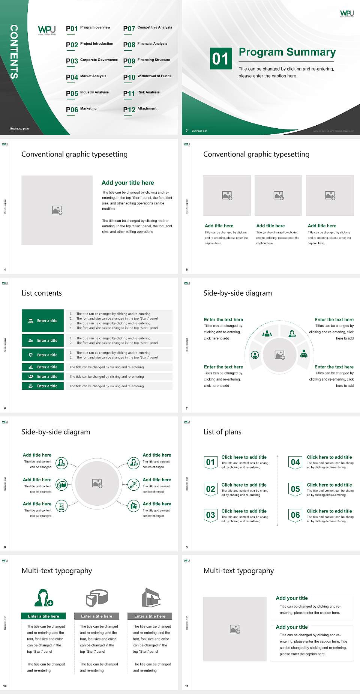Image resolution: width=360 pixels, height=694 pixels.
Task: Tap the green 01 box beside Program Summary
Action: (x=220, y=59)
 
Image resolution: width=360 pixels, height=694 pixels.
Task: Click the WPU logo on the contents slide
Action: (x=47, y=30)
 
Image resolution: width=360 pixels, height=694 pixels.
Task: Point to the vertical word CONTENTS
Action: (x=14, y=52)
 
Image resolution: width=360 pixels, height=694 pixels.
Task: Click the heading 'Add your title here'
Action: (x=127, y=183)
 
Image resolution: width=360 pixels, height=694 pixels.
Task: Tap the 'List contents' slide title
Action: (x=42, y=293)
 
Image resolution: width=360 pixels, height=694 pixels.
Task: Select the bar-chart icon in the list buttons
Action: (x=31, y=367)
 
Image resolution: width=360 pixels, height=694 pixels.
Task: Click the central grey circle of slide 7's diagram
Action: (x=279, y=355)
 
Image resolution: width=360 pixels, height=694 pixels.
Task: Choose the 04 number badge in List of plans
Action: (x=295, y=463)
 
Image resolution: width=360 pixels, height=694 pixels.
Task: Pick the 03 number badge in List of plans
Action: (x=210, y=515)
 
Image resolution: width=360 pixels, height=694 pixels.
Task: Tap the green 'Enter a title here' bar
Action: (x=43, y=616)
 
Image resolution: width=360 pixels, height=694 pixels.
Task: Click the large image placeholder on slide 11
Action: (x=235, y=629)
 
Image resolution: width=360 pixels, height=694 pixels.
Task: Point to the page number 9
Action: (x=187, y=547)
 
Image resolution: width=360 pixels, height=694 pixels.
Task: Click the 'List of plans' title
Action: (x=222, y=432)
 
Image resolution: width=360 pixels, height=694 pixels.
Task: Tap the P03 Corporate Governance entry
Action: (x=92, y=60)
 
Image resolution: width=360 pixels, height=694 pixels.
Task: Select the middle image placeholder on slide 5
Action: (x=278, y=195)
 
